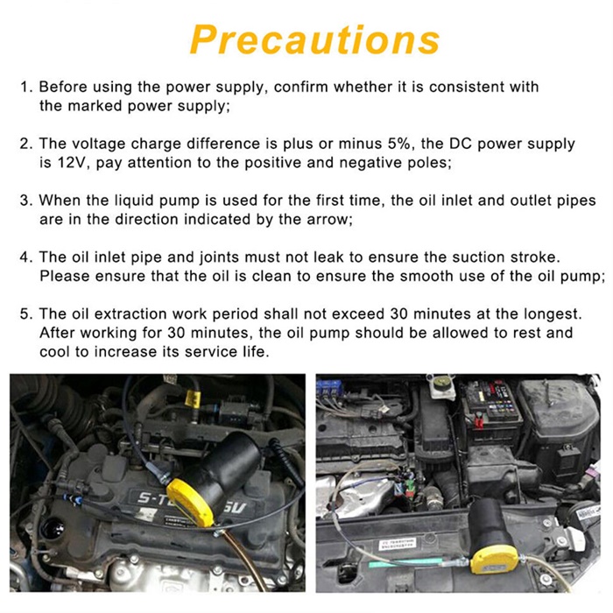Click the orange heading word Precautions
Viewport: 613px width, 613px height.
[x=315, y=39]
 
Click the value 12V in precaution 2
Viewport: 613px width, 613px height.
[x=70, y=163]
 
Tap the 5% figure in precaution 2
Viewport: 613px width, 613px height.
[x=399, y=144]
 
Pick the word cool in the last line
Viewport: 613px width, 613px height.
[x=54, y=352]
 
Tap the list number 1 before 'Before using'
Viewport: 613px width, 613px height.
[x=24, y=87]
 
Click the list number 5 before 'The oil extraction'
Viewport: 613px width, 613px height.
[x=24, y=314]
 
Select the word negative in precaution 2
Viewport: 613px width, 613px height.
[x=370, y=163]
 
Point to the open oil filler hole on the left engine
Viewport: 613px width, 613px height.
[x=53, y=529]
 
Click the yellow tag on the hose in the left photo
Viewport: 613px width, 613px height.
[x=193, y=398]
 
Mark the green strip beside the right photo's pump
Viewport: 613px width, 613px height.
[x=405, y=564]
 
